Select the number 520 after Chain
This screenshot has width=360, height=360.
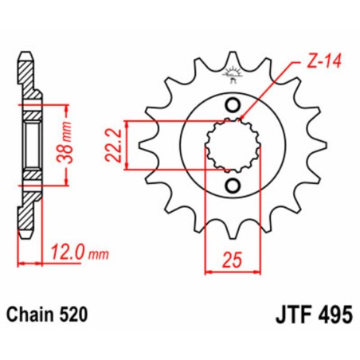pos(81,314)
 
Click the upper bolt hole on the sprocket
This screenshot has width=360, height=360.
pos(232,105)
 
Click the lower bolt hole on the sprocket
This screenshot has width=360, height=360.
pos(232,186)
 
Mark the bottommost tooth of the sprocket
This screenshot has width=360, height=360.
pos(232,233)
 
